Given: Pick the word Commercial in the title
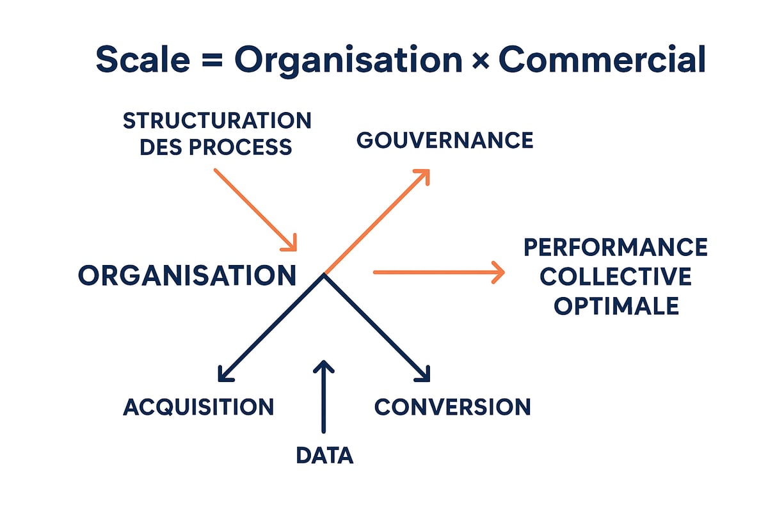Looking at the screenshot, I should (602, 60).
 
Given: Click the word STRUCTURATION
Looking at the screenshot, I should (216, 120).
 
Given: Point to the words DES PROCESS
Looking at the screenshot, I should (216, 147).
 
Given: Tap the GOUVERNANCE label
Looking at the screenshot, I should (445, 140).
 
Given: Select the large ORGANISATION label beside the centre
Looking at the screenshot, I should (187, 275).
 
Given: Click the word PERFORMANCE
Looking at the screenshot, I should (615, 247).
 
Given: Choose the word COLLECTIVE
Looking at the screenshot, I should (615, 276).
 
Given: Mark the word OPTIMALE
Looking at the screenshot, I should (615, 306).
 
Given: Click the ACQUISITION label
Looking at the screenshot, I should (198, 406).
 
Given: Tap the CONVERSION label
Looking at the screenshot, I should (452, 406).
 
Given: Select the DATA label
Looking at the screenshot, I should (324, 455).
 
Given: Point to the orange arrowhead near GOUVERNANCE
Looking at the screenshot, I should (423, 175).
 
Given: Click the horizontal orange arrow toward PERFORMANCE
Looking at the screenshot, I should (435, 272).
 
